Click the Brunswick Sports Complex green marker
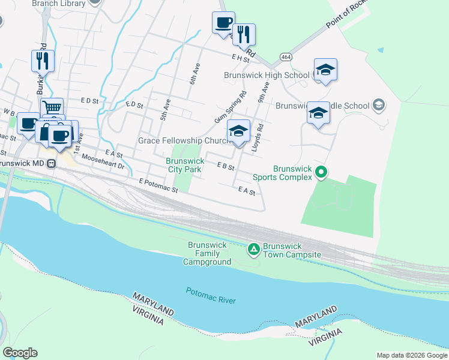[321, 173]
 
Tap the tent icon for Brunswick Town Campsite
[254, 248]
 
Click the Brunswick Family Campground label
[207, 254]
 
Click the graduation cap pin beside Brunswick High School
[325, 70]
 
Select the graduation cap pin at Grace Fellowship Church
[238, 130]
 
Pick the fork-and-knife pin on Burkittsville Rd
[43, 61]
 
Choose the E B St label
[226, 166]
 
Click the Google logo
[20, 353]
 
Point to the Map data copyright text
[412, 355]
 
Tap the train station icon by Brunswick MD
[52, 163]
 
